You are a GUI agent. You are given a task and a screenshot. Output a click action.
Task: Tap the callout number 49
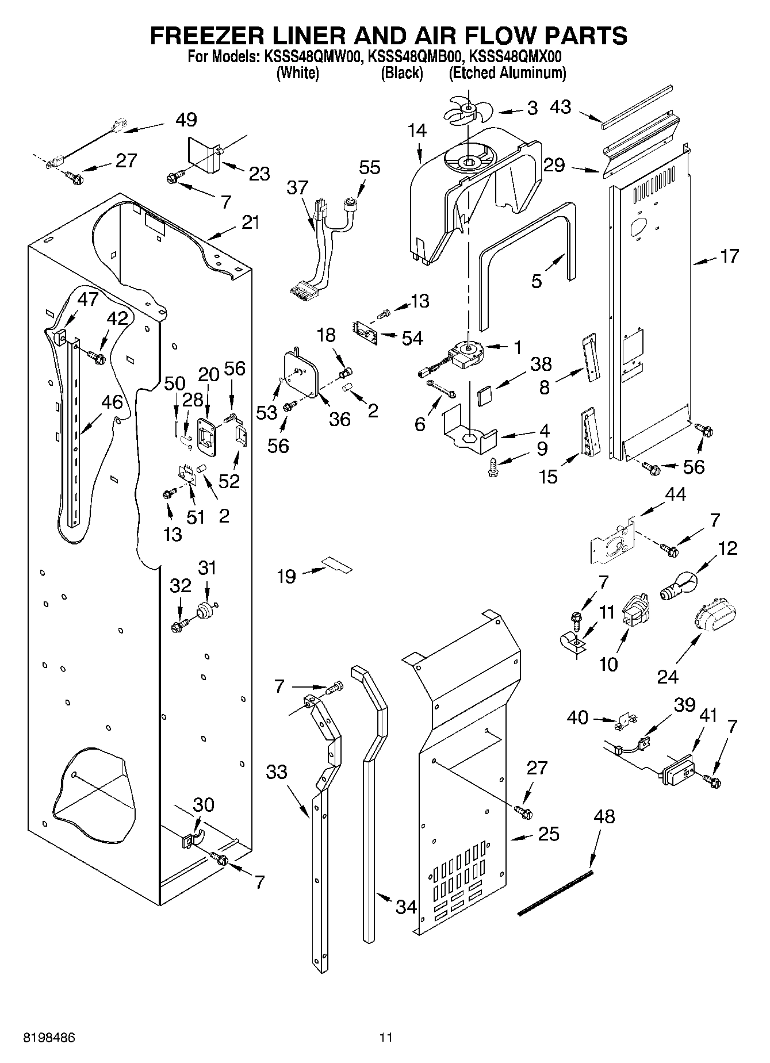click(186, 120)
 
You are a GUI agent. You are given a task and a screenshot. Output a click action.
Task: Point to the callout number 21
click(250, 222)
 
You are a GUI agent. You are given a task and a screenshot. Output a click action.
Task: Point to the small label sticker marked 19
click(337, 565)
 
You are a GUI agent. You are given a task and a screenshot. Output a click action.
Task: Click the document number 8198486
click(49, 1038)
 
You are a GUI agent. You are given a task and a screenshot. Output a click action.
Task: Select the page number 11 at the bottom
click(385, 1038)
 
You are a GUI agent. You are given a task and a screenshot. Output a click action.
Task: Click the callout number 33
click(277, 772)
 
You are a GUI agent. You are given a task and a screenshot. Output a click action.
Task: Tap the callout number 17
click(729, 256)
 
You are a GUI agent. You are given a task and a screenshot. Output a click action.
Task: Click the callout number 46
click(112, 402)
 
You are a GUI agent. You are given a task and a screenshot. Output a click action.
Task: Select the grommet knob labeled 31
click(204, 610)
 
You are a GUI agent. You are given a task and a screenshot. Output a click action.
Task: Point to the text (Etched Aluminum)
click(507, 73)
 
